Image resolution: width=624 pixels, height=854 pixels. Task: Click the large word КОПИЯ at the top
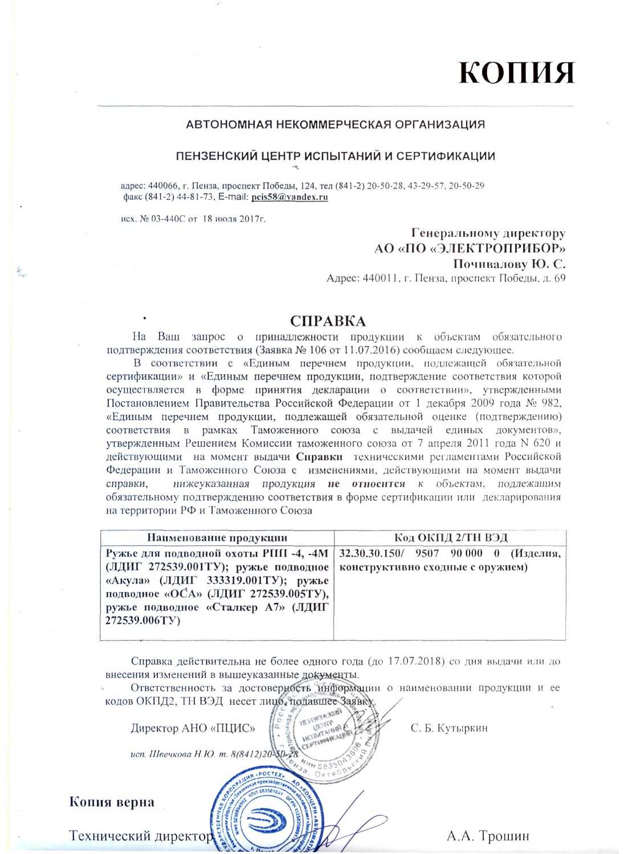[x=516, y=73]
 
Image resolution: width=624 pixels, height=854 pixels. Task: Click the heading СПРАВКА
[x=328, y=321]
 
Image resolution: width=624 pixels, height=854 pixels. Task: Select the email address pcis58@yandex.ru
[x=289, y=197]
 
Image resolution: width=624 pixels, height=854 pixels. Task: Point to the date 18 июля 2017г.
[x=234, y=219]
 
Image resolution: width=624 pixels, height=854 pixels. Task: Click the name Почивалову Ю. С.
[x=509, y=264]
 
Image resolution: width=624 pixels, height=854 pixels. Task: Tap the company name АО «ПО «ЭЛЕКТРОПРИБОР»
[x=470, y=248]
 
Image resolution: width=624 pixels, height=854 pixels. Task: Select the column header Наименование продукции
[x=217, y=537]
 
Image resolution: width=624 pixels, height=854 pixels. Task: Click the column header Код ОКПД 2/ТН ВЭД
[x=450, y=537]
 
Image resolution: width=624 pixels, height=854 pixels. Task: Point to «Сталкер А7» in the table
[x=246, y=607]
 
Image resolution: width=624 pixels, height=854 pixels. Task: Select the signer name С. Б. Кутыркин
[x=449, y=728]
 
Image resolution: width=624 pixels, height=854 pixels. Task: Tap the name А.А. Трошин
[x=488, y=836]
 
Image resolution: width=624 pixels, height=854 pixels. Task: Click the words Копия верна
[x=112, y=802]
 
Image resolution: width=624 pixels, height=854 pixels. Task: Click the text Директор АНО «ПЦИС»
[x=193, y=728]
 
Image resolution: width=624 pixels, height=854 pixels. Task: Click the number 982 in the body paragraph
[x=550, y=403]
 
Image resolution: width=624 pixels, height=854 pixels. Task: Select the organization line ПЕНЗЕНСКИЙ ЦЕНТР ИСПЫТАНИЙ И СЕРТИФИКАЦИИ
[x=335, y=156]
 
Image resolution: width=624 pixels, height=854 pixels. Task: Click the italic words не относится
[x=366, y=484]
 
